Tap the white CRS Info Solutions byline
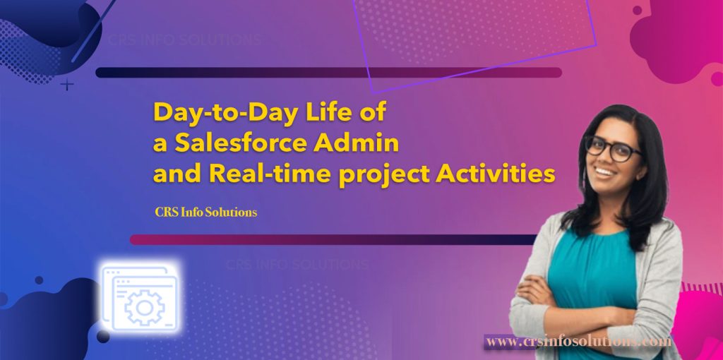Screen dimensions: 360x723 pyautogui.click(x=205, y=211)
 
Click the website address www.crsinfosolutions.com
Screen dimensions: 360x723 pyautogui.click(x=578, y=342)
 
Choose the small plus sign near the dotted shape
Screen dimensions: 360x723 pyautogui.click(x=67, y=85)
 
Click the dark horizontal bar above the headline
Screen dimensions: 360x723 pyautogui.click(x=328, y=72)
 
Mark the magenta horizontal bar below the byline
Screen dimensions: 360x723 pyautogui.click(x=332, y=239)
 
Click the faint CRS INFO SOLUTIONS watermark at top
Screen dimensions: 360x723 pyautogui.click(x=184, y=39)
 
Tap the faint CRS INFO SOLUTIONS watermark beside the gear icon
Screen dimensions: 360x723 pyautogui.click(x=297, y=265)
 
